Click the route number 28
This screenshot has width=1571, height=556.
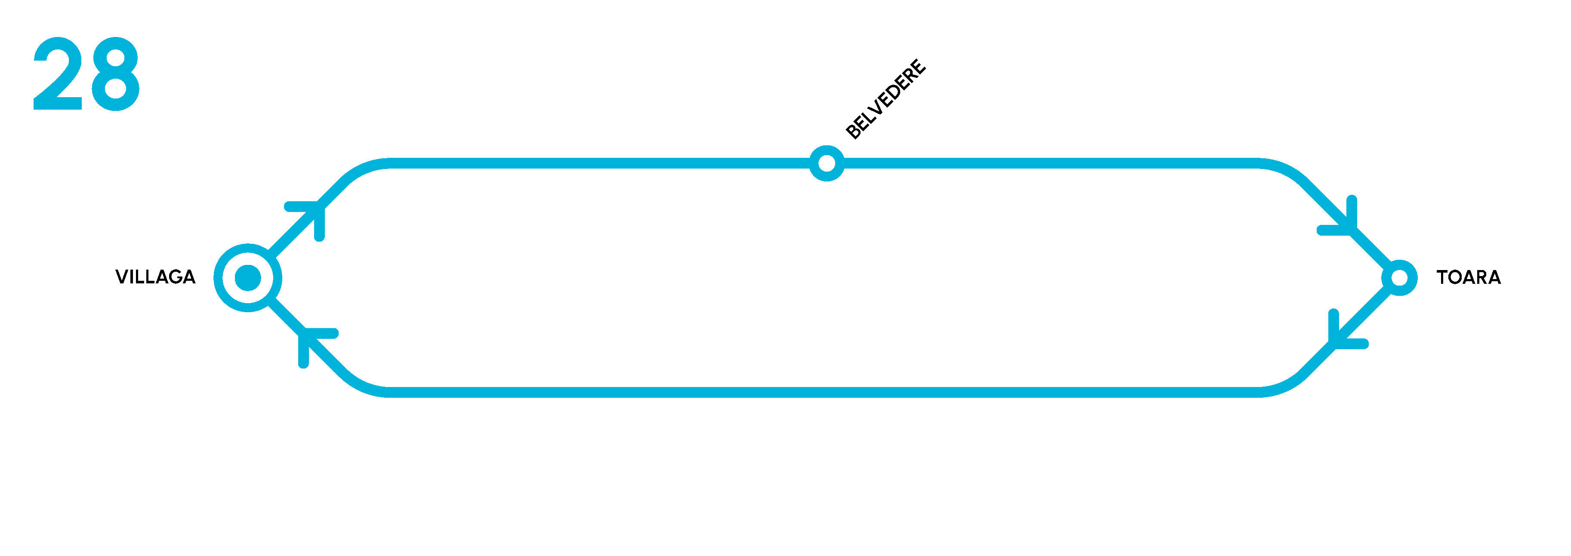coord(86,74)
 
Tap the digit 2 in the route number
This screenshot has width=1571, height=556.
coord(57,74)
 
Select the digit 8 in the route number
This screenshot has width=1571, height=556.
coord(116,74)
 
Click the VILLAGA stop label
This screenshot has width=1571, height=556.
coord(155,277)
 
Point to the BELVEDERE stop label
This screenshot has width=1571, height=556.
coord(886,99)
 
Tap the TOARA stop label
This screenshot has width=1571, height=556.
coord(1469,277)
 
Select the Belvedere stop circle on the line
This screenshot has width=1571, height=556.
coord(826,163)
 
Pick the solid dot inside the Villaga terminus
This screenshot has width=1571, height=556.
coord(247,278)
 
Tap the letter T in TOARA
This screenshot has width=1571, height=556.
coord(1443,277)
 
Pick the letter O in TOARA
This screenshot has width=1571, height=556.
coord(1458,277)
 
